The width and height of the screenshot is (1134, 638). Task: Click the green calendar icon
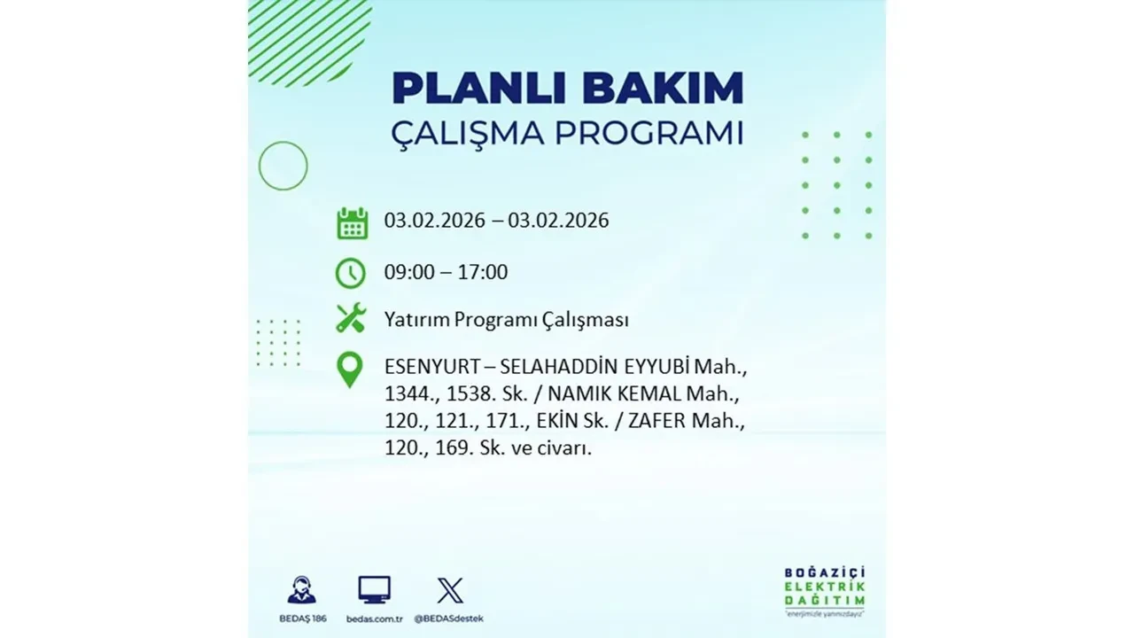coord(352,222)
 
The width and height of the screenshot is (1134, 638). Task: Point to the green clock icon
coord(351,272)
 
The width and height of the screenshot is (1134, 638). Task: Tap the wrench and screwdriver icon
coord(351,318)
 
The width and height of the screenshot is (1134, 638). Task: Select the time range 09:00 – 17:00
coord(446,272)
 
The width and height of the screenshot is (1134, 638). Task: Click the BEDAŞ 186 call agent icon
coord(301,589)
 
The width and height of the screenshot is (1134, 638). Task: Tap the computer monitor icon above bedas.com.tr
coord(374,589)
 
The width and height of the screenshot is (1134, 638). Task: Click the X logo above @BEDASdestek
coord(450,589)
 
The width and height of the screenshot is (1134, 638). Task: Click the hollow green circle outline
coord(283,166)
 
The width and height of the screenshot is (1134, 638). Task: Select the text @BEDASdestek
coord(450,618)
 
